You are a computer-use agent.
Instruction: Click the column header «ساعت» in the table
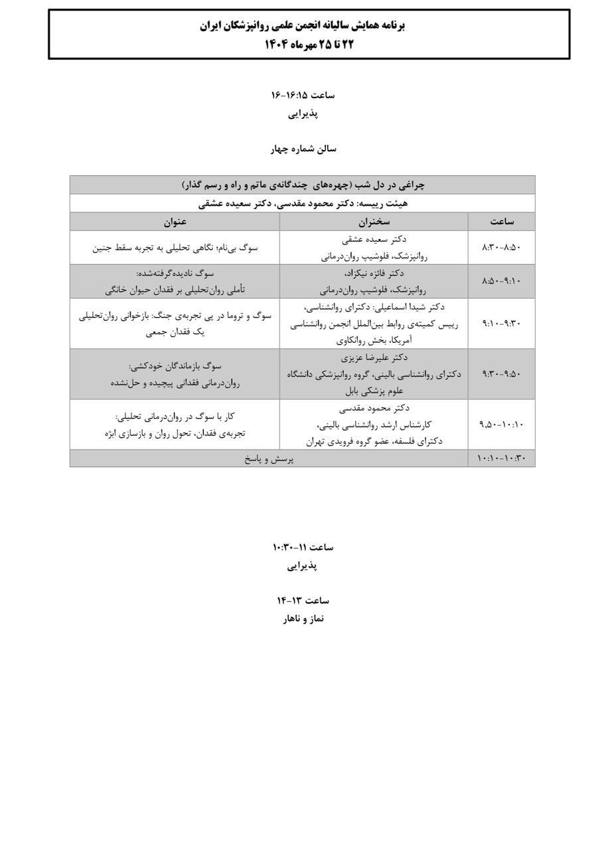click(x=502, y=222)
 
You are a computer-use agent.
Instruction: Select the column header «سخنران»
click(x=374, y=222)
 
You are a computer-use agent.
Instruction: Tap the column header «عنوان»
click(x=175, y=222)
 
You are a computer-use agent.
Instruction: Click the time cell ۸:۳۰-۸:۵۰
click(x=502, y=247)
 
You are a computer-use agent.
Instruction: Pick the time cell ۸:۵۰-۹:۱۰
click(x=502, y=281)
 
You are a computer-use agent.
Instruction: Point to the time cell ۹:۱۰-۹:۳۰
click(x=502, y=323)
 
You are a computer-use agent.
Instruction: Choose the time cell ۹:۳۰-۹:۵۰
click(x=502, y=374)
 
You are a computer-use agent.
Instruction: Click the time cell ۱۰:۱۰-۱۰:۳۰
click(x=502, y=459)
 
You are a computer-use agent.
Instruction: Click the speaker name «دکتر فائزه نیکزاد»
click(x=374, y=273)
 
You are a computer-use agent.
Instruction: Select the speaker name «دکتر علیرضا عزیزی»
click(x=374, y=357)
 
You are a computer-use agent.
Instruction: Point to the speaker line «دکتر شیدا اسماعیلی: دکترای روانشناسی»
click(x=374, y=307)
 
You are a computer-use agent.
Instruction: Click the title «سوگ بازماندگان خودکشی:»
click(x=175, y=366)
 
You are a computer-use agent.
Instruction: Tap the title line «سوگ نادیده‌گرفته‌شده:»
click(x=175, y=273)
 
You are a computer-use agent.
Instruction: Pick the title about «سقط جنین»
click(x=175, y=247)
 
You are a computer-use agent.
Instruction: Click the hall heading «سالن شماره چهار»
click(x=303, y=149)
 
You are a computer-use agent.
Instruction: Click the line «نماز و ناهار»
click(x=303, y=619)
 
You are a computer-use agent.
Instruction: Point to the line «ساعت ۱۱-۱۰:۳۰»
click(x=303, y=547)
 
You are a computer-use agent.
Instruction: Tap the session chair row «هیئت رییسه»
click(x=303, y=203)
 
